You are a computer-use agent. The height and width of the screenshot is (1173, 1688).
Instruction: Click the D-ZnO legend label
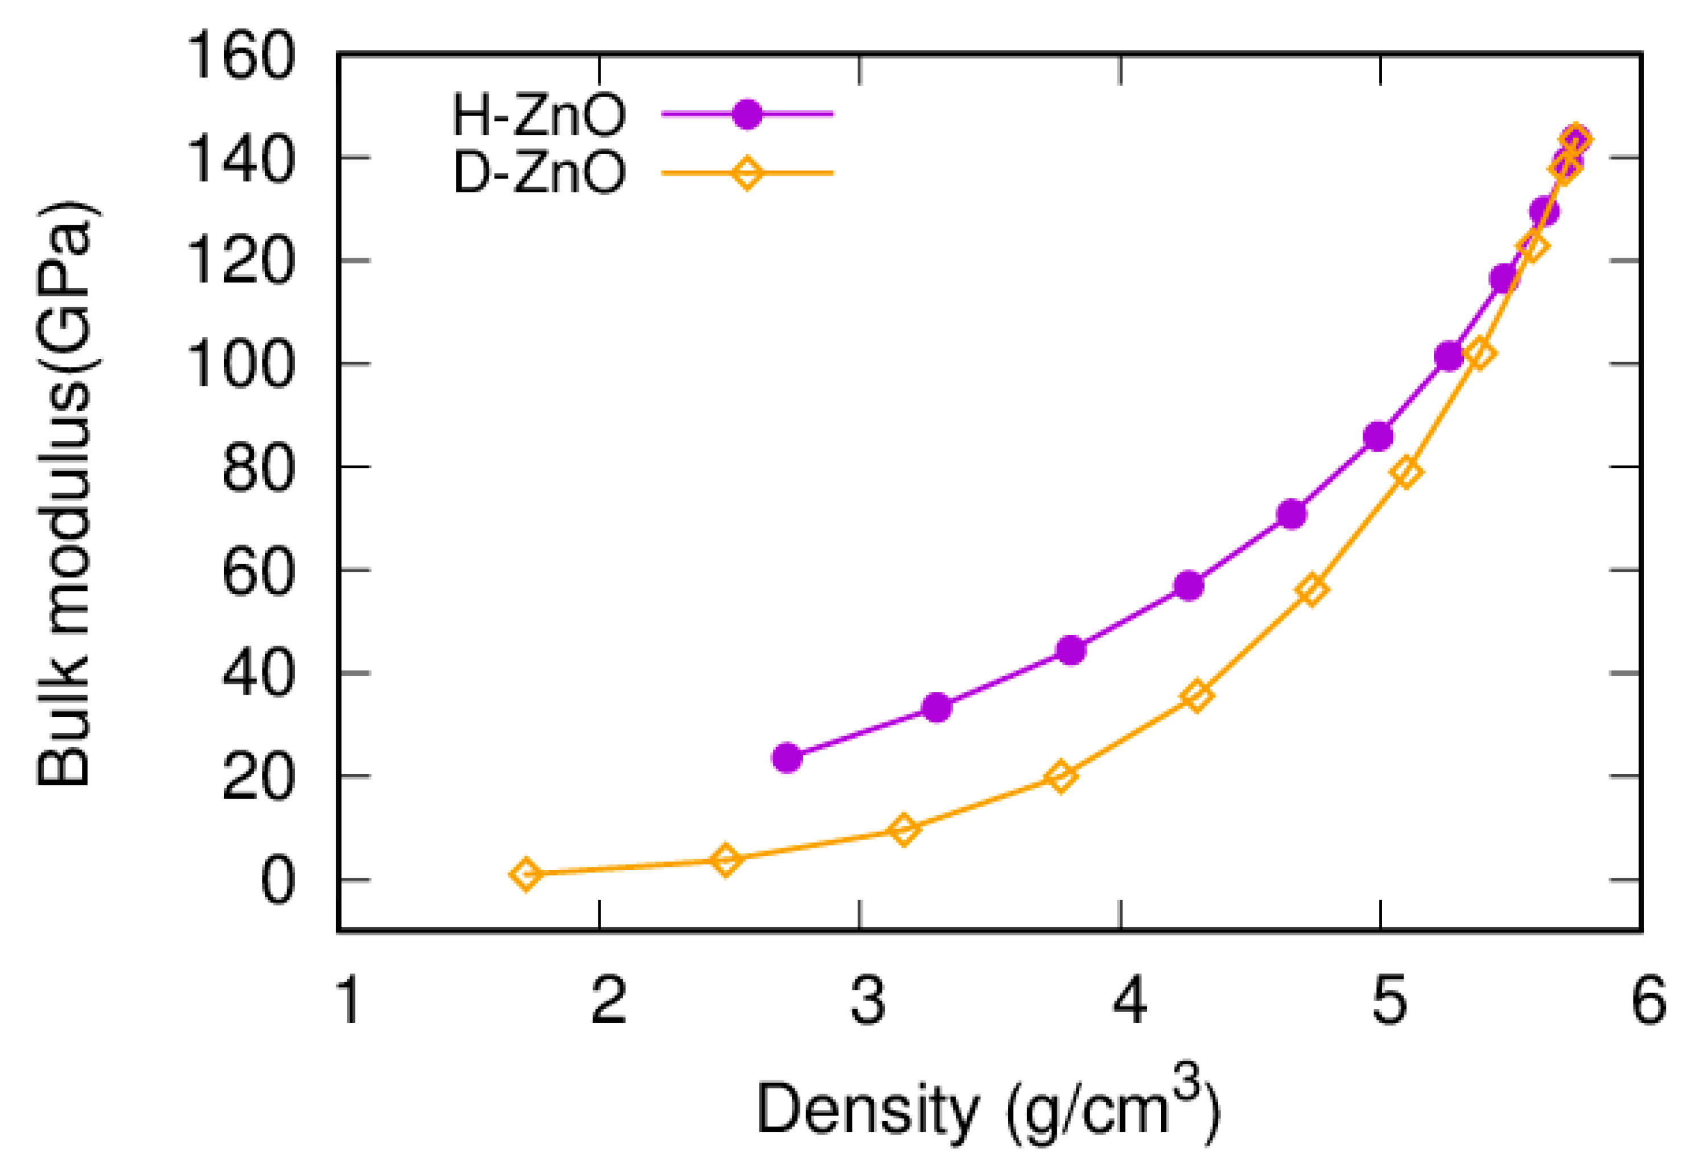pos(539,174)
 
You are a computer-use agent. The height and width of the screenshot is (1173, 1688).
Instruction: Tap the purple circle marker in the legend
pos(747,114)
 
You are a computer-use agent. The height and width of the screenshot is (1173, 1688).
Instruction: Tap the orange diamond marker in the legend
pos(747,174)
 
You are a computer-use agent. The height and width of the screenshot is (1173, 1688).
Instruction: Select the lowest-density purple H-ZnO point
pos(787,757)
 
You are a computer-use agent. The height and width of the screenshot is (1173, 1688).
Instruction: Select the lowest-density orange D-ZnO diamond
pos(526,874)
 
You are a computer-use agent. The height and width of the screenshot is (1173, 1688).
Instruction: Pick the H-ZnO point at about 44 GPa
pos(1071,650)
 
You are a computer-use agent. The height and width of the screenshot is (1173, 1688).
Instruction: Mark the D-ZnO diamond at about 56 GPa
pos(1311,589)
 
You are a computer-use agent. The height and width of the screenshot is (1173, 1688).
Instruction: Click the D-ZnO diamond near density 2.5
pos(725,859)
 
